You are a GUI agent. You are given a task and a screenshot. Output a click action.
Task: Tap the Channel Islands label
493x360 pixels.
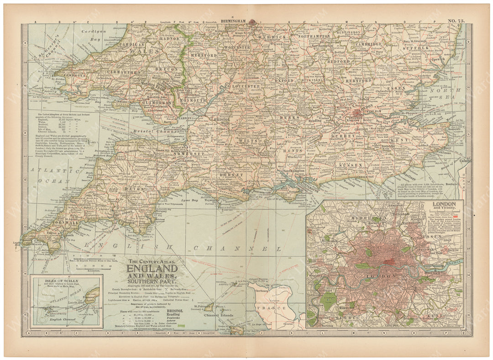click(x=219, y=315)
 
